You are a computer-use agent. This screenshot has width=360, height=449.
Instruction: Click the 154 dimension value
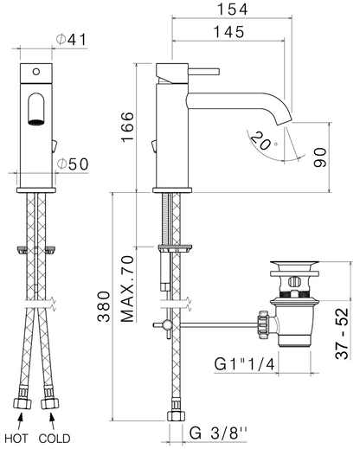point(232,10)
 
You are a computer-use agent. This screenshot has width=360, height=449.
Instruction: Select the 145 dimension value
point(229,32)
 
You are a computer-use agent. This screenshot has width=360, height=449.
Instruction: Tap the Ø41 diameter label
point(71,40)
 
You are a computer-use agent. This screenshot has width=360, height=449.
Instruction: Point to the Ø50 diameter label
point(73,164)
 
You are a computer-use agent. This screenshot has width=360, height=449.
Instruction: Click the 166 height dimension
point(128,126)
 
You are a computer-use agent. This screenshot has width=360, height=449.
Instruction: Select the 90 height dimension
point(320,157)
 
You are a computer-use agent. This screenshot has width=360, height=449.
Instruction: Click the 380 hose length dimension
point(104,306)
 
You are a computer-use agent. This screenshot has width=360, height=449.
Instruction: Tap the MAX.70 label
point(127,289)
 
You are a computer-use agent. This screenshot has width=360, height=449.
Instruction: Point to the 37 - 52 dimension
point(342,334)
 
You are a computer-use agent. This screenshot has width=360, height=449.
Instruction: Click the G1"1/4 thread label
point(244,364)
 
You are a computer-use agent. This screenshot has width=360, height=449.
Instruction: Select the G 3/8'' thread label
point(218,433)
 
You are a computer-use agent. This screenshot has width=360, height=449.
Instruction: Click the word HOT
point(16,439)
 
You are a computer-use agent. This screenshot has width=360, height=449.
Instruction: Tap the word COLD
point(55,439)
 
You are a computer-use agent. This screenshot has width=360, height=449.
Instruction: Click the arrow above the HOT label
point(20,422)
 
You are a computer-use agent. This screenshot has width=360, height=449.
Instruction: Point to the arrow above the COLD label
point(52,422)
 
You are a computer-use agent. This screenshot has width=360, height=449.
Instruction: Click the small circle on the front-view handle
point(36,72)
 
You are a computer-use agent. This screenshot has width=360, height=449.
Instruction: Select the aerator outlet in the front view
point(36,122)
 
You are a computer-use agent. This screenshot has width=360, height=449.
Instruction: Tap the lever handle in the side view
point(204,71)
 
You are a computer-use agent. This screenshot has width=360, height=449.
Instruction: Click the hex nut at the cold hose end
point(49,403)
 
